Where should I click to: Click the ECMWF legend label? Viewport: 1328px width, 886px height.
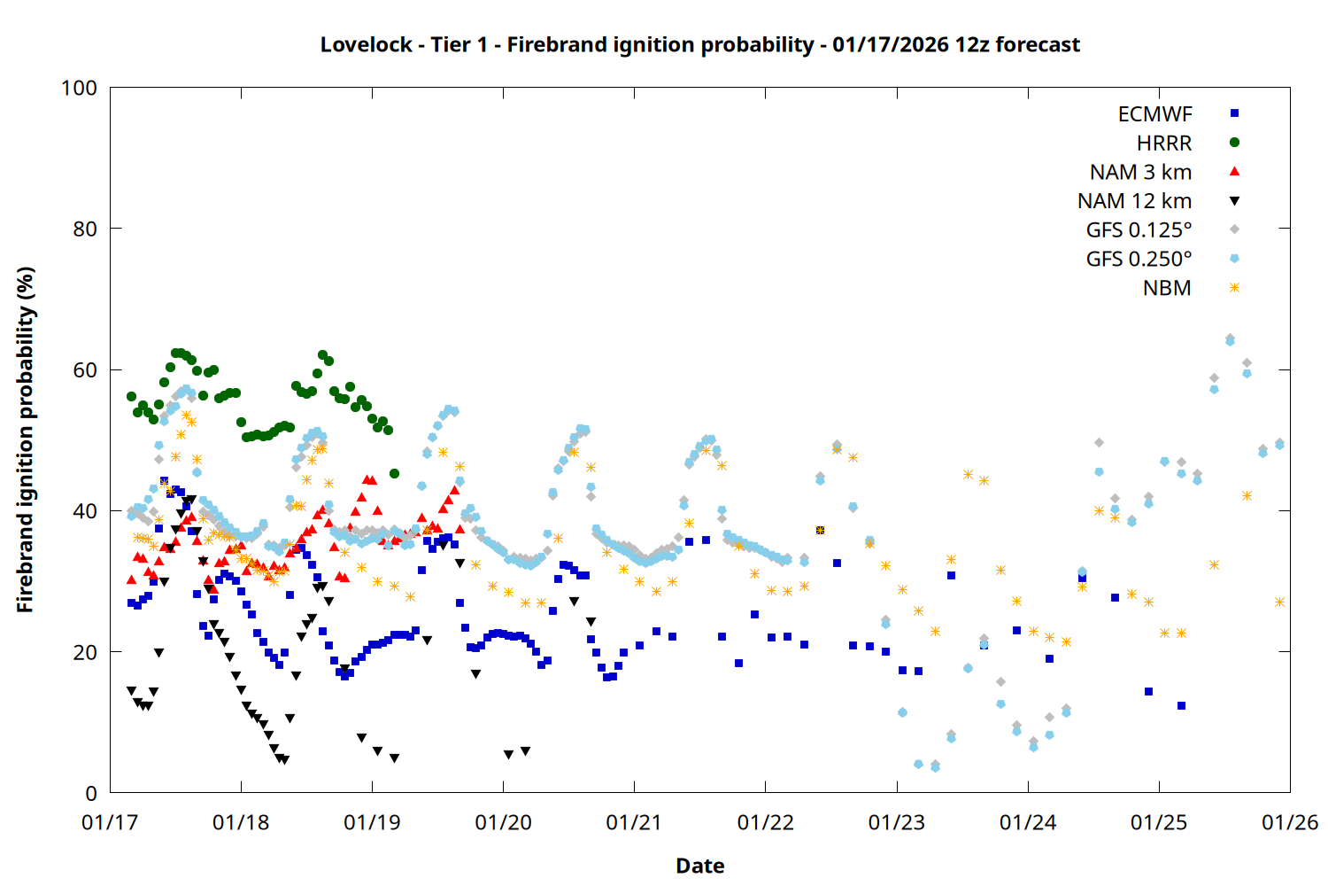click(1154, 114)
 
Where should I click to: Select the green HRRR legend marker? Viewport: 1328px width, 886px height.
click(1234, 143)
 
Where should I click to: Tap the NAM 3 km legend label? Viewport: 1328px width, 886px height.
click(1140, 172)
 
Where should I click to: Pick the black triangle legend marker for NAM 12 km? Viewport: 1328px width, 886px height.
click(1234, 201)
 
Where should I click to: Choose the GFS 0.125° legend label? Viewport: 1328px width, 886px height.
click(1139, 230)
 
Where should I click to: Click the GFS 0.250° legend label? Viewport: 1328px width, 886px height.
click(1139, 259)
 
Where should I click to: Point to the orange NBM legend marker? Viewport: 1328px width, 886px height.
click(1234, 288)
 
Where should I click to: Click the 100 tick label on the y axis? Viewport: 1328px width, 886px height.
click(79, 88)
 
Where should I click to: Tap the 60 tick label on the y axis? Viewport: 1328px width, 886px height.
click(85, 369)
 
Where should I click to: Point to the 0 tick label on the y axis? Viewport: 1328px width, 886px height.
click(91, 793)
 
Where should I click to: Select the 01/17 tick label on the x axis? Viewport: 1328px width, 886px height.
click(110, 822)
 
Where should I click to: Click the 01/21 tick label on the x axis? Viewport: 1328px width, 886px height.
click(634, 822)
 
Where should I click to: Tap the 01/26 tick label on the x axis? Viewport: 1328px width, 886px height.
click(1290, 822)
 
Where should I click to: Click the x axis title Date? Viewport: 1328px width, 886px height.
click(699, 866)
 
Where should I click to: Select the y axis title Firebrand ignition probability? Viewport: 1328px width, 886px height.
click(25, 439)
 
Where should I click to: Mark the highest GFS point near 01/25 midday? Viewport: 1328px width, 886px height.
click(1230, 339)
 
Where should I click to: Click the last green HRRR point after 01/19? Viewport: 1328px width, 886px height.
click(394, 473)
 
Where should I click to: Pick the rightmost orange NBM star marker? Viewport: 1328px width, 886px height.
click(1279, 602)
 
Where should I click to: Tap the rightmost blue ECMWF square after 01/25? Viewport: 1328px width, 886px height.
click(1181, 705)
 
